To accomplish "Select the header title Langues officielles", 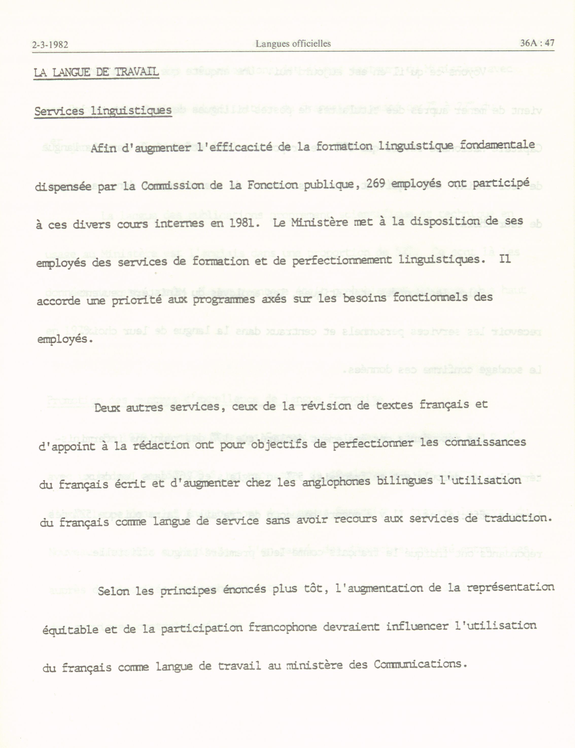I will point(293,43).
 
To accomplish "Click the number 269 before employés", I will point(377,184).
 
